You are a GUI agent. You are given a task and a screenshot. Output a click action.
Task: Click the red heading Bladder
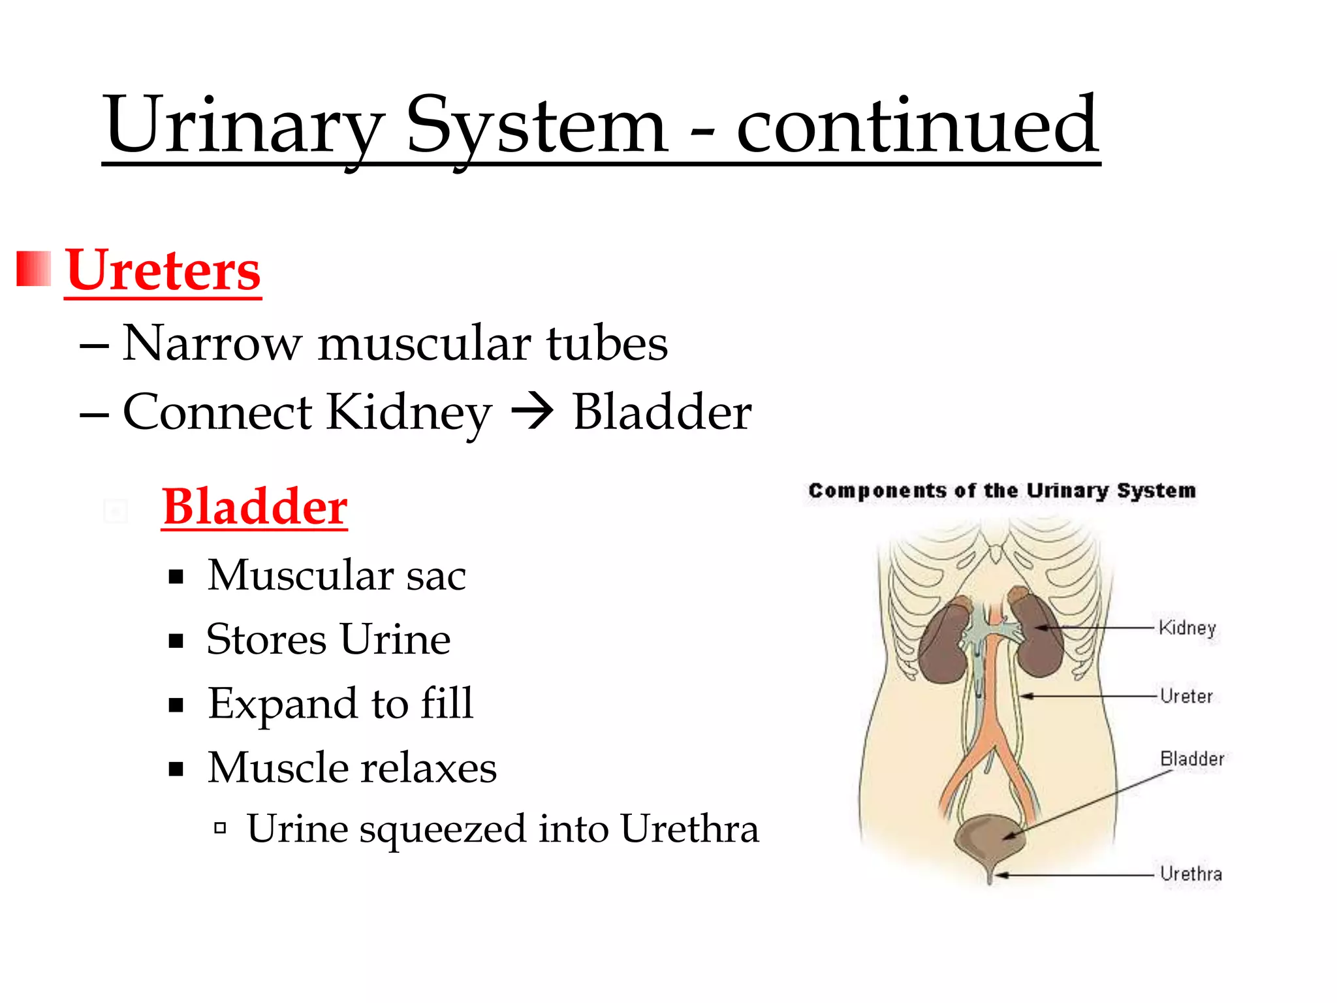(255, 507)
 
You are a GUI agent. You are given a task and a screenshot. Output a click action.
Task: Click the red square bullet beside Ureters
(33, 268)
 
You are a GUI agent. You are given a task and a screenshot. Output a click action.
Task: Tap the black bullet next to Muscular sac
(176, 577)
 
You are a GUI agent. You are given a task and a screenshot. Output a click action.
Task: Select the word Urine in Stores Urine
(394, 639)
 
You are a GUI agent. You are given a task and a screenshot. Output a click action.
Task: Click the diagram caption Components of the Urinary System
(1001, 490)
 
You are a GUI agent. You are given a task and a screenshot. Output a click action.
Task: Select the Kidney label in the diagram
(1187, 628)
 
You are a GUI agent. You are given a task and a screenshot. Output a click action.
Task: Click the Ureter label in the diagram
(1186, 696)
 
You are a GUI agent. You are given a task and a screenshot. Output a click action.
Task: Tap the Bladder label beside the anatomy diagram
(1191, 759)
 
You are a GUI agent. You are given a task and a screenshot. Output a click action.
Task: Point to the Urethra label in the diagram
(1190, 874)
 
